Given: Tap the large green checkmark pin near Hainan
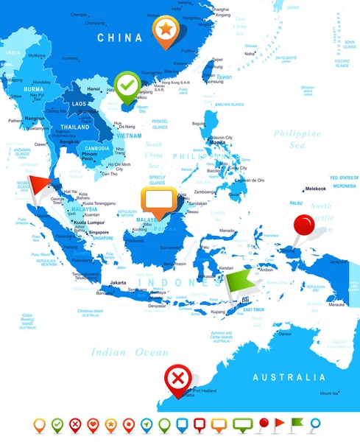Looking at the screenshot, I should (128, 85).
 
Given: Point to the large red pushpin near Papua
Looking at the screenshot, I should (304, 225).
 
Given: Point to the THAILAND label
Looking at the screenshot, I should (74, 126).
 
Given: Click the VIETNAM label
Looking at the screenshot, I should (130, 136).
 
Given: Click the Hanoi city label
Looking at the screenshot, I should (93, 88).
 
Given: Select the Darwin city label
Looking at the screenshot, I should (285, 334).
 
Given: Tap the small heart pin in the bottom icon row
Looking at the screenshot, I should (92, 425).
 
